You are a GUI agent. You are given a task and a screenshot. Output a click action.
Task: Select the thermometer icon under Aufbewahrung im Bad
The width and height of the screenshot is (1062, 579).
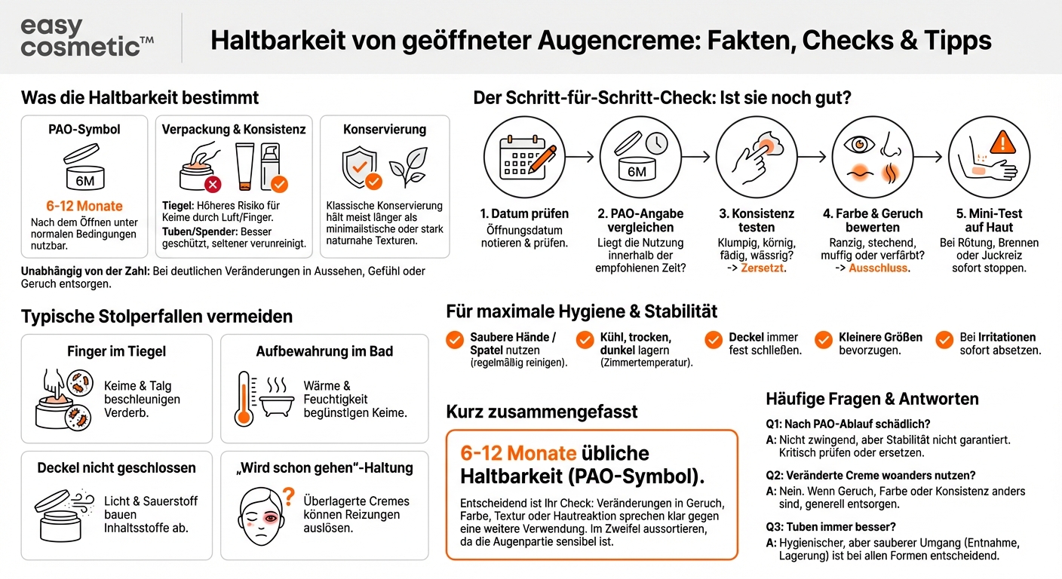tap(244, 399)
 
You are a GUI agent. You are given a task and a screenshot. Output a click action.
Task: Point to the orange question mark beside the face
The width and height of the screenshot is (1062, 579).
tap(287, 496)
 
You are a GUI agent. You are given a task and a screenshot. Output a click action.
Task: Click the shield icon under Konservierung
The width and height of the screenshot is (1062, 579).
tap(360, 168)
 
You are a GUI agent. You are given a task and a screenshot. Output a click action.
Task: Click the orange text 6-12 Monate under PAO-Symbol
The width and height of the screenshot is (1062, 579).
tap(84, 206)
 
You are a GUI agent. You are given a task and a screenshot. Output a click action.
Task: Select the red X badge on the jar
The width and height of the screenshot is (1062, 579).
tap(213, 183)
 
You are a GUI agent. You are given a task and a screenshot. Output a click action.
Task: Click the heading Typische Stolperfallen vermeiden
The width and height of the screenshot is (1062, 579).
tap(157, 317)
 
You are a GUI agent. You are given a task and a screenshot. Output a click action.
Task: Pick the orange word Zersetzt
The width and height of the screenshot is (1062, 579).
tap(763, 268)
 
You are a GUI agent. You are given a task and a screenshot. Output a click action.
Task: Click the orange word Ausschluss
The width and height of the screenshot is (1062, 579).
tap(879, 268)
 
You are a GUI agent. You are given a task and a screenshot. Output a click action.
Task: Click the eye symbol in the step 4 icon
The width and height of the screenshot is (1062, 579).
tap(859, 144)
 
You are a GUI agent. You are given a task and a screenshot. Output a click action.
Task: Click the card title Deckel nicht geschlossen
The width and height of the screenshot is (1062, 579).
tap(116, 467)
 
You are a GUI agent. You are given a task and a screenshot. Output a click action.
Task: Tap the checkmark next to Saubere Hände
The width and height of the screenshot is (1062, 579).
tap(454, 340)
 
